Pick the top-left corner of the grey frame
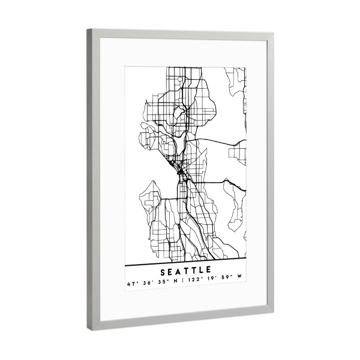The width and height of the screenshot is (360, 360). [89, 30]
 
